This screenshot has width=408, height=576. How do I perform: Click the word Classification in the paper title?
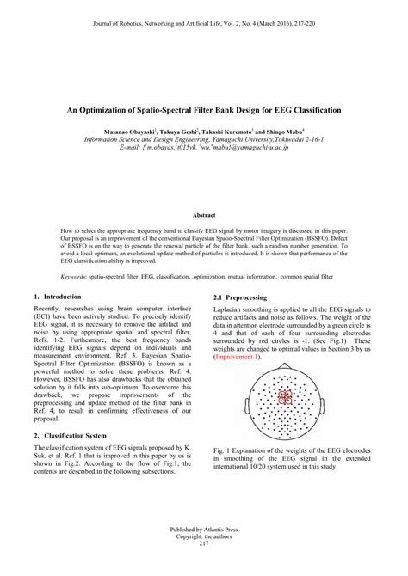[x=312, y=111]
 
